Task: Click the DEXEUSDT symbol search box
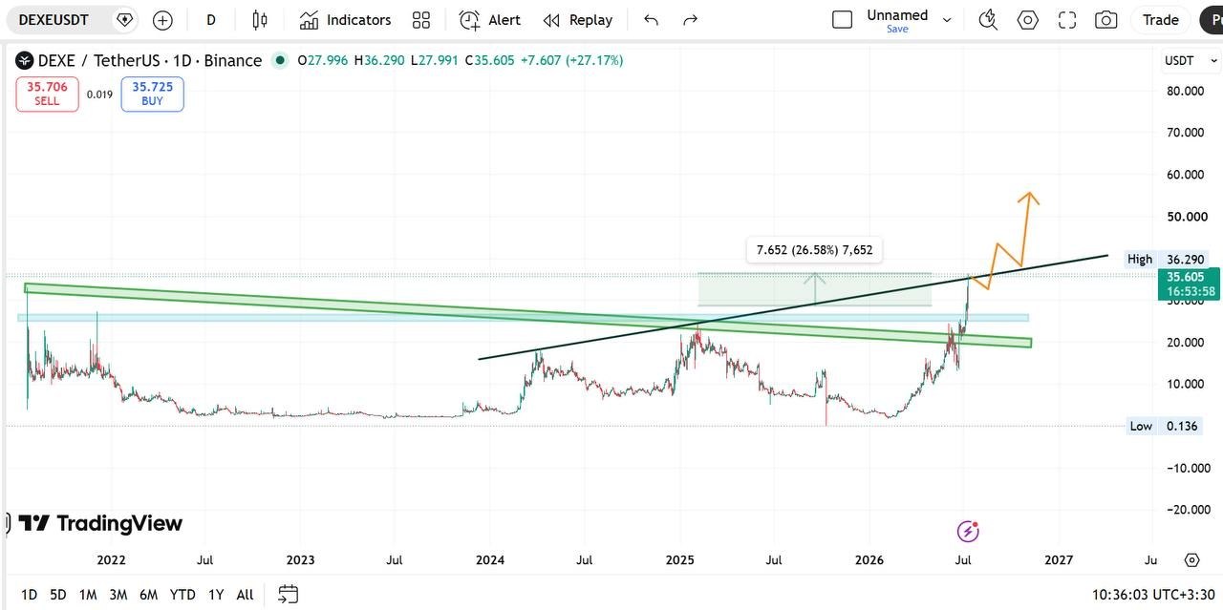tap(54, 20)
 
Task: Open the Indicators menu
tap(345, 20)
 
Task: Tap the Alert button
tap(490, 20)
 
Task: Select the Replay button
tap(578, 20)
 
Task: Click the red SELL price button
tap(47, 94)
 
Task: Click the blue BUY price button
tap(152, 94)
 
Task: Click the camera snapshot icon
tap(1105, 20)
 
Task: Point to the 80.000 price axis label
tap(1185, 91)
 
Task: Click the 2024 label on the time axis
tap(490, 559)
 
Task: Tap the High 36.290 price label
tap(1165, 259)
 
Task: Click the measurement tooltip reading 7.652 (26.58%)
tap(814, 250)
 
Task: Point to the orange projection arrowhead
tap(1029, 197)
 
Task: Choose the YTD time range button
tap(182, 594)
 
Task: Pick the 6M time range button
tap(148, 594)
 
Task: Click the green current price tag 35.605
tap(1189, 284)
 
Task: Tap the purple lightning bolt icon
tap(968, 532)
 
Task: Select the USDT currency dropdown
tap(1191, 60)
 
